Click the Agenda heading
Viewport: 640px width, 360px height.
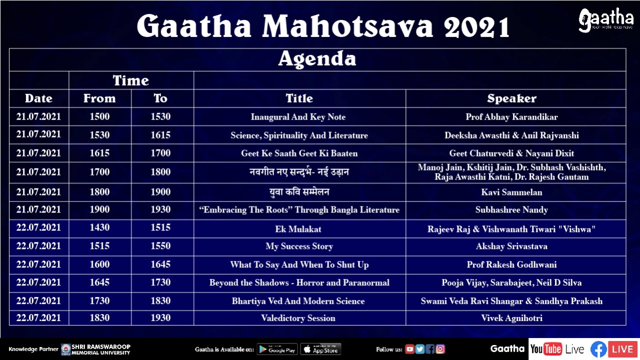click(317, 59)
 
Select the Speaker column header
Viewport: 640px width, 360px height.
click(511, 98)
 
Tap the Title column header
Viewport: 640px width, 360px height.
click(299, 98)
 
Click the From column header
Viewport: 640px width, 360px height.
click(99, 98)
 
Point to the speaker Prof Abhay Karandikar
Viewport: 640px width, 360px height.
click(511, 117)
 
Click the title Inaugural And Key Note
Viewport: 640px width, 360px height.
click(298, 117)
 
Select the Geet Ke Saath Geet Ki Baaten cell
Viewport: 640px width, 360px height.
click(299, 153)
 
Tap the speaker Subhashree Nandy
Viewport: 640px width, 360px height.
click(511, 209)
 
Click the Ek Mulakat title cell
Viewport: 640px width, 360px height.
click(298, 229)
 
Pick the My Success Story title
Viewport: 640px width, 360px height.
click(299, 246)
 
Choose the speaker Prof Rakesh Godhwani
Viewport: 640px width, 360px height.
click(511, 264)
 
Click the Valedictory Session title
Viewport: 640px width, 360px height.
click(298, 318)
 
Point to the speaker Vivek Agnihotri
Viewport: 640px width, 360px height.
click(511, 318)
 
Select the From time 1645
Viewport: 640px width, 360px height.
click(99, 282)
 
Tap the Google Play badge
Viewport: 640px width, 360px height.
click(277, 349)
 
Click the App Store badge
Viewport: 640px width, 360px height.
click(320, 349)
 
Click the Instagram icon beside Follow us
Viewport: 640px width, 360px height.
click(440, 349)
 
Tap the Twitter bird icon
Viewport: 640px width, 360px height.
click(420, 349)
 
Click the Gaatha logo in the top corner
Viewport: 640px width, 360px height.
click(605, 20)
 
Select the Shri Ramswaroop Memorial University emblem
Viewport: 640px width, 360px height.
click(66, 349)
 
